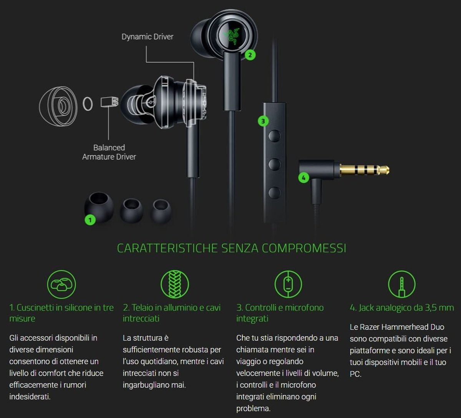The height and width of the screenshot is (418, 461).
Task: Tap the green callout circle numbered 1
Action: click(x=90, y=220)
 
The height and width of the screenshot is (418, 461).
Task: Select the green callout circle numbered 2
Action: click(x=250, y=55)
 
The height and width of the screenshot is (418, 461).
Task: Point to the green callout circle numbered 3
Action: click(x=263, y=121)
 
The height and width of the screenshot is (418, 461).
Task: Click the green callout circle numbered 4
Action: click(x=303, y=178)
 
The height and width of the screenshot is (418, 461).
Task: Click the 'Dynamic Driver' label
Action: click(x=147, y=37)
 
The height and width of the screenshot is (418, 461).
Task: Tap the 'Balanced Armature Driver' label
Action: click(x=109, y=152)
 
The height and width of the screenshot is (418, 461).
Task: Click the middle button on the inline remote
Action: click(x=274, y=164)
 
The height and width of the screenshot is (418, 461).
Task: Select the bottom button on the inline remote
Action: click(x=274, y=193)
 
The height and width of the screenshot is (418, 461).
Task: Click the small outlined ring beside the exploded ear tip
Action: click(x=88, y=104)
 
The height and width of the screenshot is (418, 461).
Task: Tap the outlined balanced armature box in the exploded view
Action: click(x=109, y=102)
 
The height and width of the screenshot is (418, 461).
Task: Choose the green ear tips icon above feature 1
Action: click(x=61, y=284)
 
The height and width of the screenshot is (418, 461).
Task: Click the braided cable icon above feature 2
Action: click(x=175, y=284)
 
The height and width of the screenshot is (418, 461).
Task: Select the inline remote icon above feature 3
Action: click(x=288, y=284)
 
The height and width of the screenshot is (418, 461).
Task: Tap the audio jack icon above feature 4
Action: click(x=402, y=284)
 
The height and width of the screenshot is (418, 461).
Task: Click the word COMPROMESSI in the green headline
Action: click(x=304, y=248)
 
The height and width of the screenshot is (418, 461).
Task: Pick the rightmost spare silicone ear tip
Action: click(x=161, y=211)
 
